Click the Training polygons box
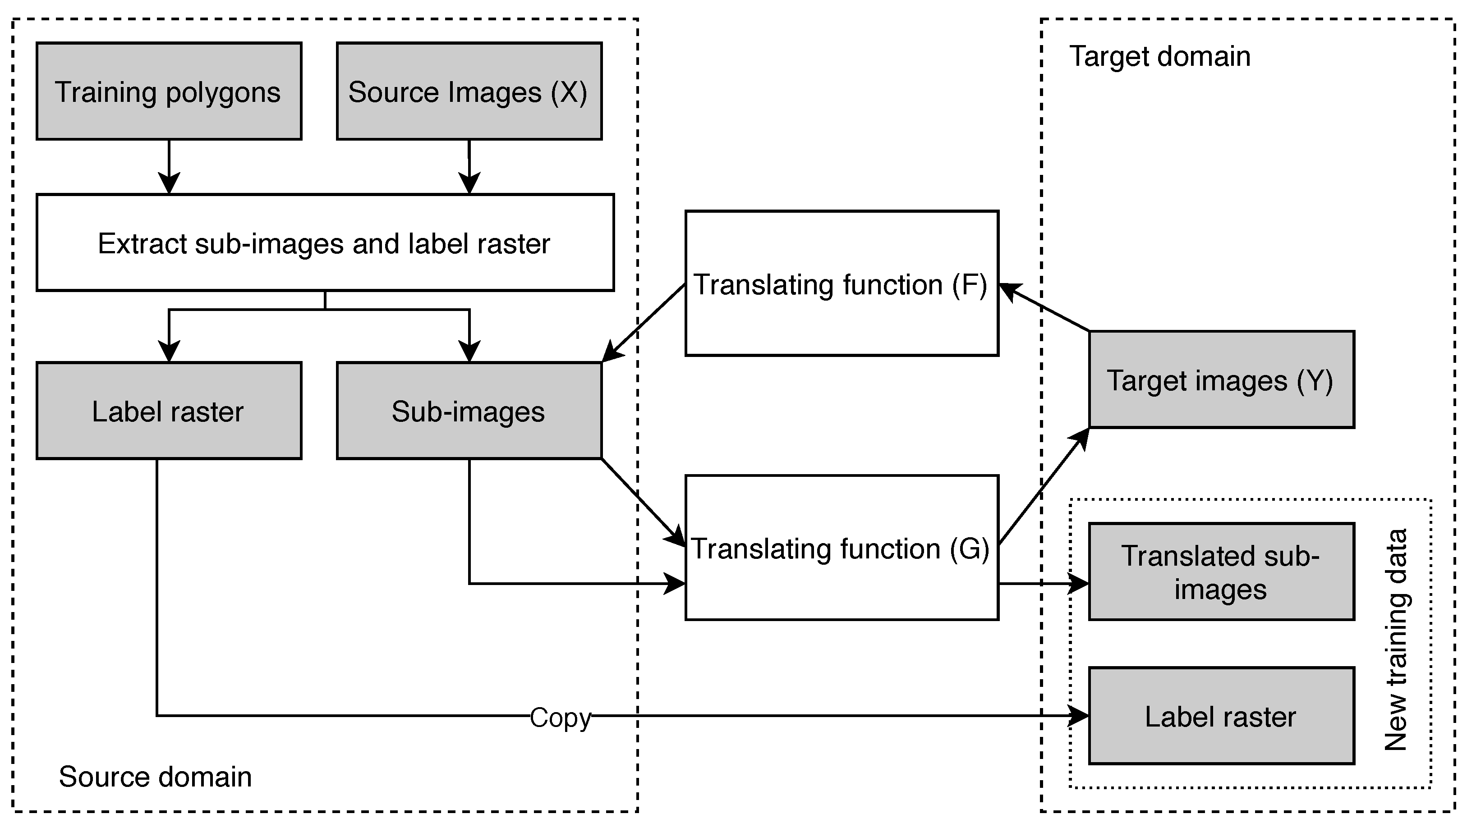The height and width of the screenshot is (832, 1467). [x=169, y=91]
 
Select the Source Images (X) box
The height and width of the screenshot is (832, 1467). [x=469, y=91]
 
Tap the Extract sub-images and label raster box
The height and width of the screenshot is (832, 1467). [x=325, y=243]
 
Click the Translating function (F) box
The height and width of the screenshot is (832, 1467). [x=842, y=284]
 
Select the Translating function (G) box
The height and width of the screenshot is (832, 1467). [x=842, y=548]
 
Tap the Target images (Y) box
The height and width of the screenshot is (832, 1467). [x=1221, y=379]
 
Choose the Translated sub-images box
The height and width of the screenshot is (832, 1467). [x=1221, y=571]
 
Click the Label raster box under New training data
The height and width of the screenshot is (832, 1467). [x=1221, y=716]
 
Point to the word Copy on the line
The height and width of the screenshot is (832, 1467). [x=560, y=717]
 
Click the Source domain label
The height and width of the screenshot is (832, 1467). [x=155, y=777]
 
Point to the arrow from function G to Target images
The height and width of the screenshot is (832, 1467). [x=1044, y=486]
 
